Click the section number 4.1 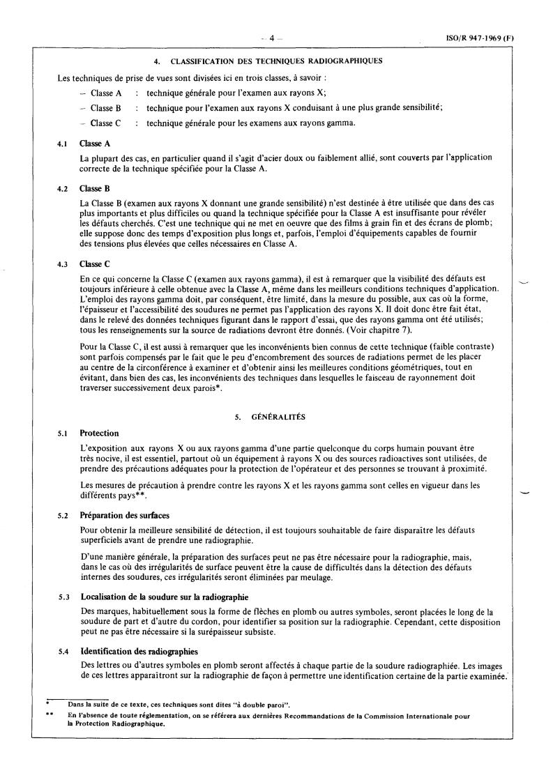coord(62,143)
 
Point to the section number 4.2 coord(62,188)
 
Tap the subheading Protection coord(100,432)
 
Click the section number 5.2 coord(62,516)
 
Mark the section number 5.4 coord(62,651)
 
